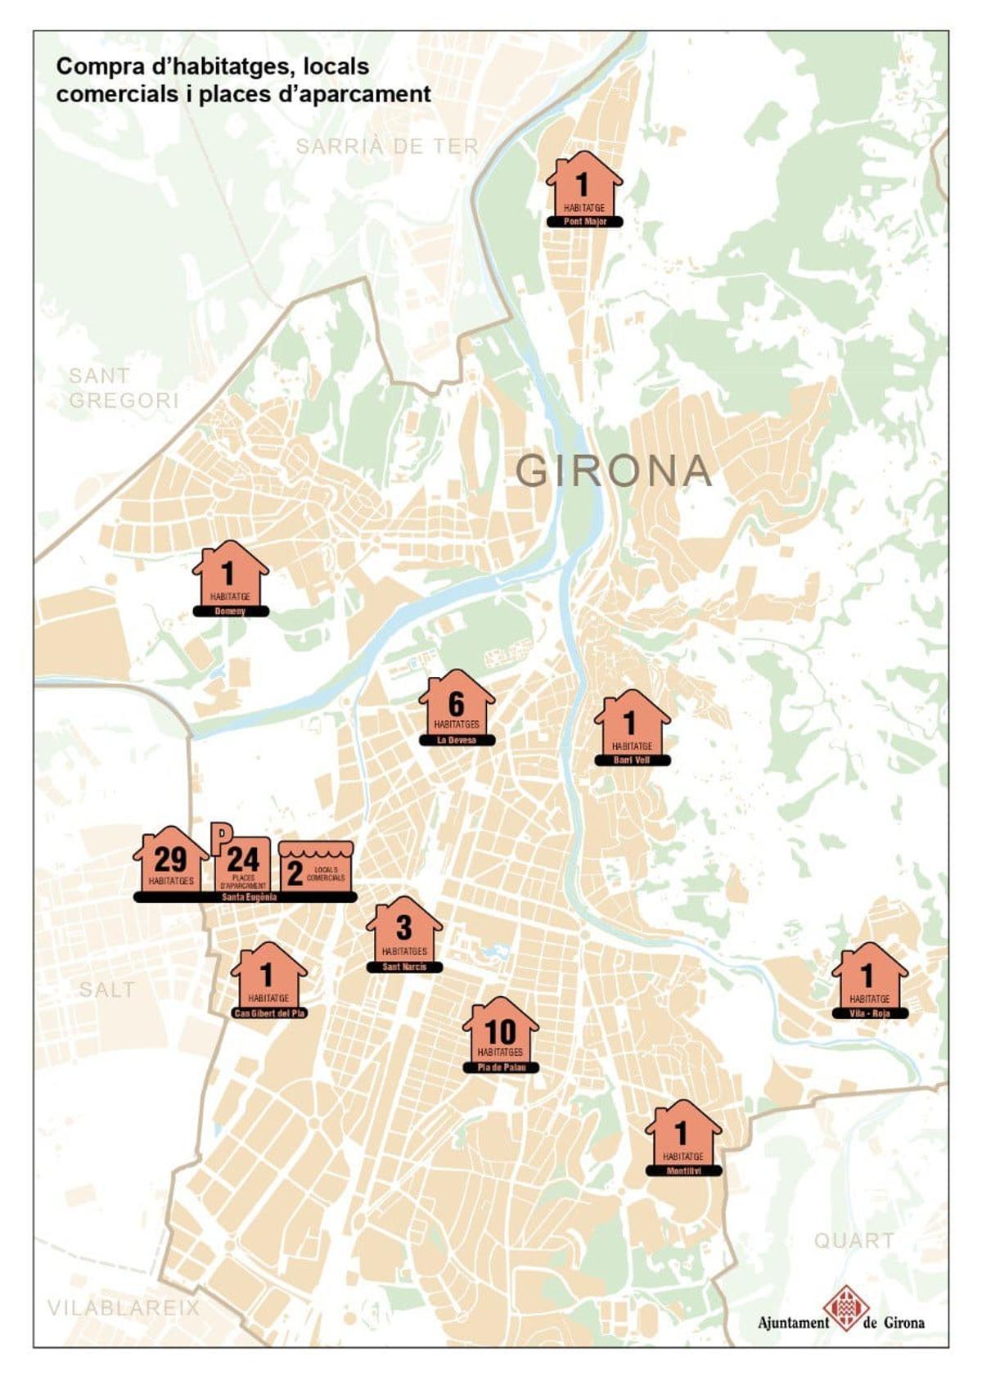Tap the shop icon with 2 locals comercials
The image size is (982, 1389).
pyautogui.click(x=316, y=867)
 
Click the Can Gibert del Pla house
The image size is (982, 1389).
pyautogui.click(x=268, y=978)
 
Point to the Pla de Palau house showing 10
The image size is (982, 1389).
pyautogui.click(x=500, y=1033)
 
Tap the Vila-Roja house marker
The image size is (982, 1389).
pyautogui.click(x=869, y=978)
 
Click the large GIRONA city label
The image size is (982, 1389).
pyautogui.click(x=614, y=471)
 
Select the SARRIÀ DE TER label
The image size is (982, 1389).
pyautogui.click(x=386, y=147)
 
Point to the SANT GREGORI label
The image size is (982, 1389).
pyautogui.click(x=123, y=388)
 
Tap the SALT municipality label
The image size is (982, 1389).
pyautogui.click(x=106, y=990)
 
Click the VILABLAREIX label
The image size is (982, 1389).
pyautogui.click(x=123, y=1307)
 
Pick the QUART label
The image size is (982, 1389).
pyautogui.click(x=854, y=1241)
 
